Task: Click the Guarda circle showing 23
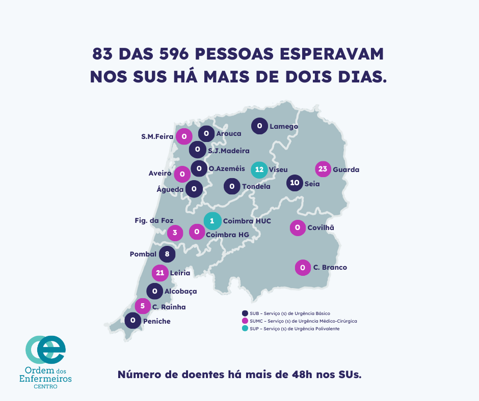pos(323,169)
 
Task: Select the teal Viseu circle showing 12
pos(259,169)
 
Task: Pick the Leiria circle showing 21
pos(160,273)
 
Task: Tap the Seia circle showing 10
pos(295,183)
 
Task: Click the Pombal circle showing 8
pos(167,254)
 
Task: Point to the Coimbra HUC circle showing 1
pos(212,221)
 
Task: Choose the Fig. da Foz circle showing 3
pos(175,233)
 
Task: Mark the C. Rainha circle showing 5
pos(143,306)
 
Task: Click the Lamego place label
pos(284,126)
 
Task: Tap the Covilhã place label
pos(321,227)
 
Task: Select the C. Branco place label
pos(330,267)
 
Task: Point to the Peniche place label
pos(156,321)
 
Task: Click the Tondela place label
pos(256,186)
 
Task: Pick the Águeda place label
pos(170,189)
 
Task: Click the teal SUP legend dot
pos(245,329)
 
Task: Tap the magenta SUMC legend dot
pos(245,321)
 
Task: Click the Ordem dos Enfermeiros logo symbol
pos(45,350)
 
